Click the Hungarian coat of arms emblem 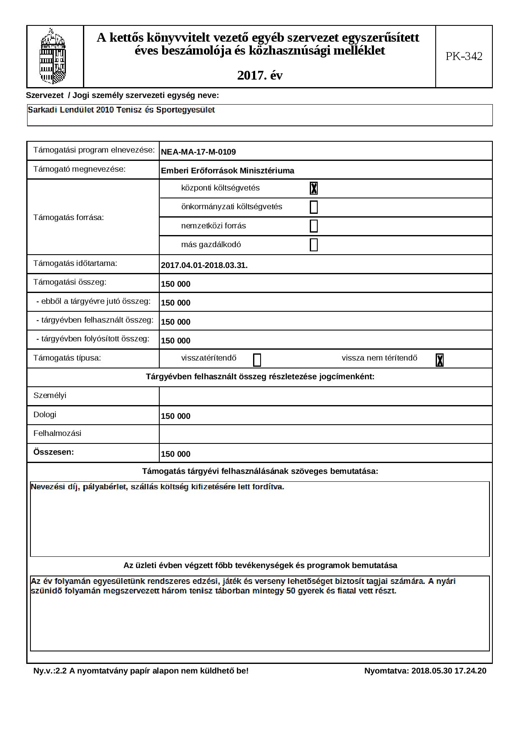point(53,56)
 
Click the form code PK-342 point(464,56)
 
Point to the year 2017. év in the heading point(260,75)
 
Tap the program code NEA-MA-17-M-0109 point(198,152)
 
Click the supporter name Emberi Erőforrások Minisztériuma point(228,170)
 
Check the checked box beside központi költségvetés point(314,188)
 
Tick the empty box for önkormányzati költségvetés point(314,207)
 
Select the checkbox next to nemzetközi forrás point(314,226)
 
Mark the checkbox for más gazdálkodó point(314,245)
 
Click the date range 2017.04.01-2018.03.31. point(204,265)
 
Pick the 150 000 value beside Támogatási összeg point(176,284)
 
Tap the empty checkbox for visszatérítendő point(257,360)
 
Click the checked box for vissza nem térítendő point(439,360)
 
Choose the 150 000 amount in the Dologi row point(176,416)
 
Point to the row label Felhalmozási point(57,433)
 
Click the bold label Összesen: point(53,452)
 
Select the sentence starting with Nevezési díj point(158,487)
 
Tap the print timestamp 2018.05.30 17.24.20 point(449,671)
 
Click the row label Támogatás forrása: point(68,217)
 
